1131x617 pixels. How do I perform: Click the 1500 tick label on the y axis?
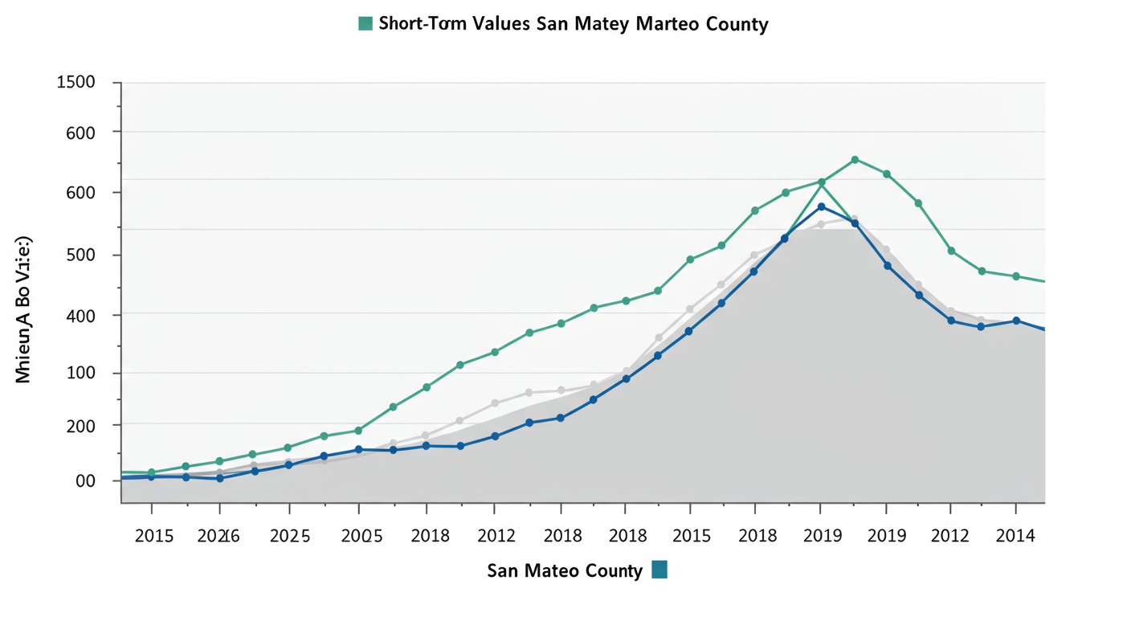click(x=76, y=83)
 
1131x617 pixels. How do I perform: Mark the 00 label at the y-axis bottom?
click(x=85, y=481)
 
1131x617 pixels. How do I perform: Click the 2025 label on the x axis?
click(x=290, y=536)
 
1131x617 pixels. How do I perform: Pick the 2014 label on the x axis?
click(x=1015, y=536)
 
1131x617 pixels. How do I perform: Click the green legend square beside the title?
click(x=365, y=23)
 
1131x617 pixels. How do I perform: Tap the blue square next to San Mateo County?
click(x=659, y=570)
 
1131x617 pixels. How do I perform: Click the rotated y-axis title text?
click(x=23, y=309)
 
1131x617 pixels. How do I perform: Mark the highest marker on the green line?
click(x=855, y=160)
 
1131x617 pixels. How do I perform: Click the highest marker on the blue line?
click(x=821, y=207)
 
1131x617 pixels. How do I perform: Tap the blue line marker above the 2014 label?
click(x=1016, y=321)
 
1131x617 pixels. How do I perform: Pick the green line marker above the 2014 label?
click(x=1016, y=276)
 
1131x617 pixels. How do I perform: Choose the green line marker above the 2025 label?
click(x=288, y=447)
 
